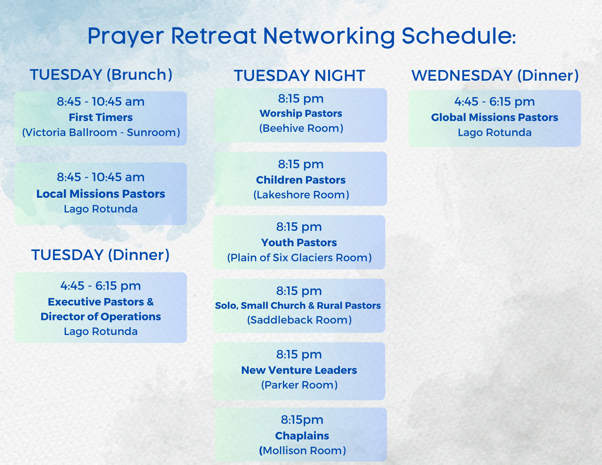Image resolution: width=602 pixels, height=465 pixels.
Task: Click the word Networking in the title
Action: (x=329, y=36)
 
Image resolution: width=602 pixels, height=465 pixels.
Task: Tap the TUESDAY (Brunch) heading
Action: (x=101, y=75)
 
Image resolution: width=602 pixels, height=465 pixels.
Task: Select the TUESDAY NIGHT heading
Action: (x=299, y=76)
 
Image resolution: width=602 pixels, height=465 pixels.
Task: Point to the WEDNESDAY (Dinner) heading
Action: (x=495, y=75)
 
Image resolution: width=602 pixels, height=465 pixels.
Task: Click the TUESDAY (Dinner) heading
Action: (x=101, y=255)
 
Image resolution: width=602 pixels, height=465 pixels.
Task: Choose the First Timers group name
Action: (x=101, y=117)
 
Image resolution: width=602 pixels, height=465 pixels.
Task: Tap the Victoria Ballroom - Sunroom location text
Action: (x=101, y=132)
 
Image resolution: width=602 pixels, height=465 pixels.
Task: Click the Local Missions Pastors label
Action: (x=101, y=194)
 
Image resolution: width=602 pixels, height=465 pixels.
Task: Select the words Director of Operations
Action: (x=101, y=317)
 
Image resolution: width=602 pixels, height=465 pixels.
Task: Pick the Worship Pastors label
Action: (x=301, y=113)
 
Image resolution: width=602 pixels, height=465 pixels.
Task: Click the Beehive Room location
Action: (x=301, y=128)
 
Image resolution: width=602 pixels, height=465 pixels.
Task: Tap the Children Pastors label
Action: (x=301, y=180)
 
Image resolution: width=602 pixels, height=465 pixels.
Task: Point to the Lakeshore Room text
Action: (x=301, y=195)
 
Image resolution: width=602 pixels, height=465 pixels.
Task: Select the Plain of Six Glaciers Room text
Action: (x=299, y=258)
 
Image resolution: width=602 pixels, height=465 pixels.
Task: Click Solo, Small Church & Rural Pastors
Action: (x=298, y=305)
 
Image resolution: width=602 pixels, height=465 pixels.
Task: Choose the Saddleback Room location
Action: (x=299, y=320)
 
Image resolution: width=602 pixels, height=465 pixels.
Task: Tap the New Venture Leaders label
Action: (x=299, y=370)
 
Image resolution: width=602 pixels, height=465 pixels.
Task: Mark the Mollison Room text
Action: (x=302, y=451)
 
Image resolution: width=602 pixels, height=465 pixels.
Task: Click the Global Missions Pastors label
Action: (x=495, y=117)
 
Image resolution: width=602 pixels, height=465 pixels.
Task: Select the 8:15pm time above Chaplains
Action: (x=302, y=420)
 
